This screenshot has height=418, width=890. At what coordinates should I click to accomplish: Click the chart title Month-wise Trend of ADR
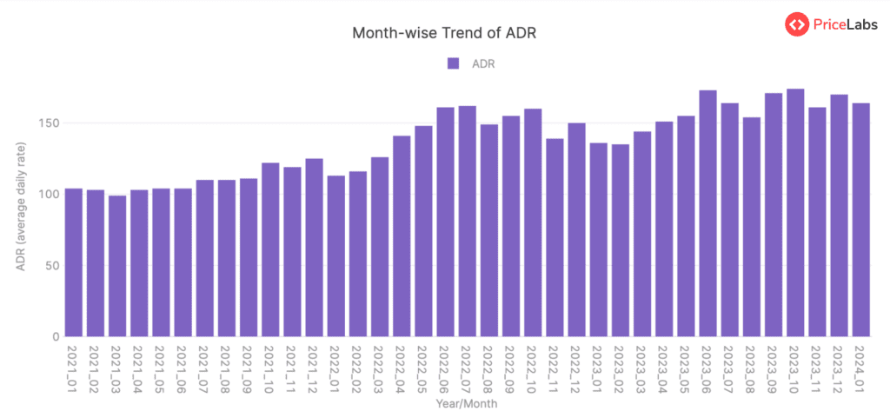[x=444, y=33]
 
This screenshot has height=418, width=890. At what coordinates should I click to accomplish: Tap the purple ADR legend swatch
[x=453, y=63]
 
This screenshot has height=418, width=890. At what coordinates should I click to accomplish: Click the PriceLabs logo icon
[x=797, y=25]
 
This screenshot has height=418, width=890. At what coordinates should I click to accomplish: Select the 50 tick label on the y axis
[x=52, y=266]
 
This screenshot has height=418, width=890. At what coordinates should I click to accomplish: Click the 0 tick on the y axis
[x=56, y=337]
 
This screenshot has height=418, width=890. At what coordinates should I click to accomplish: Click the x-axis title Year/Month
[x=466, y=404]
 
